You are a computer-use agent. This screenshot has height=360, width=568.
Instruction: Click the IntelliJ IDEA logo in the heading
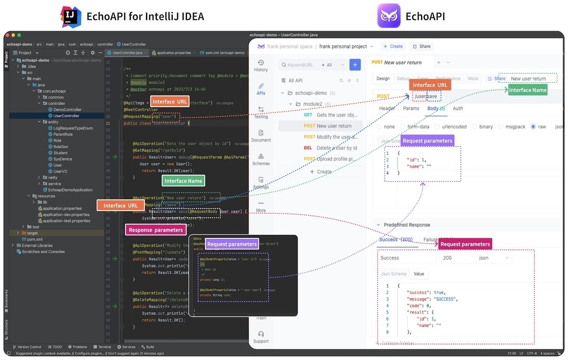71,16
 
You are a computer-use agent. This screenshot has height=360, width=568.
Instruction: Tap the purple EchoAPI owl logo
389,16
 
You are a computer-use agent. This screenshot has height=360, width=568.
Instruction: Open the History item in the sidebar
261,66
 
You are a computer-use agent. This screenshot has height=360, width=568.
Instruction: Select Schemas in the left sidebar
261,159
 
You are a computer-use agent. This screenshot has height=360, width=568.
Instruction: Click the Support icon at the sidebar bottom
261,337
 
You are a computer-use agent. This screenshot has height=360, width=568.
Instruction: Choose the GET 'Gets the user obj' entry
330,115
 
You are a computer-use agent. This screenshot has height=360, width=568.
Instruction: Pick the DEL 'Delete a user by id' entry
330,148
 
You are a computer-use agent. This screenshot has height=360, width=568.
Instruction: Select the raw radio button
533,127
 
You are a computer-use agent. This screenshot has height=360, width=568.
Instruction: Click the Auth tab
458,108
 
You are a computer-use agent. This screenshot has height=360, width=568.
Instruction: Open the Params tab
411,108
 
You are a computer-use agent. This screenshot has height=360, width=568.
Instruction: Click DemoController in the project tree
66,109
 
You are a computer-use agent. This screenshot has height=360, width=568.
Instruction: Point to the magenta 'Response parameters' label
156,230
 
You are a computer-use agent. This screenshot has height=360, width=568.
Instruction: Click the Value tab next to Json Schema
419,274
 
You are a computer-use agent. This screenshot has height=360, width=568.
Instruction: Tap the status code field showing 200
454,258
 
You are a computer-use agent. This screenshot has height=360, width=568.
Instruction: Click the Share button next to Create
421,46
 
